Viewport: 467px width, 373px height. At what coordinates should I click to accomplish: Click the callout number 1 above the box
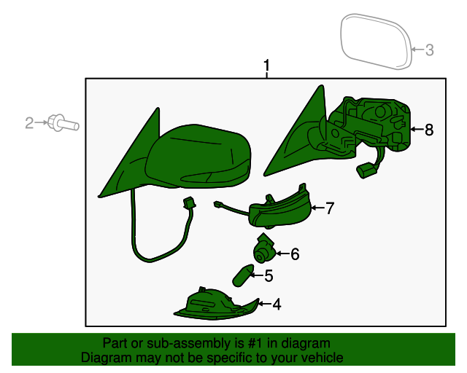[x=266, y=65]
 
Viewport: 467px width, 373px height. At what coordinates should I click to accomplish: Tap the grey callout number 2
[x=29, y=123]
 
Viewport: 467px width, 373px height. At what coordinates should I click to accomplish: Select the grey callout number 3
[x=430, y=50]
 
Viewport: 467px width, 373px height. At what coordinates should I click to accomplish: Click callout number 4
[x=277, y=305]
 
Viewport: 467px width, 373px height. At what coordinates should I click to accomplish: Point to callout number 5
[x=269, y=275]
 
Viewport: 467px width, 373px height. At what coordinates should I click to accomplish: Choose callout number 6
[x=295, y=254]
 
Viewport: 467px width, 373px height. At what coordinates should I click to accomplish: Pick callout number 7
[x=330, y=208]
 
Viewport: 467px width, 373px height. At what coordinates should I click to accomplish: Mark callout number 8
[x=429, y=130]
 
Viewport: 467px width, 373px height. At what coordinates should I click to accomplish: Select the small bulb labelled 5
[x=243, y=275]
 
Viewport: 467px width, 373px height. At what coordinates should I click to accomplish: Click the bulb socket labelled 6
[x=264, y=249]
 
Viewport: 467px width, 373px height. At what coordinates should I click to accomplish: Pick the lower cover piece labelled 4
[x=217, y=305]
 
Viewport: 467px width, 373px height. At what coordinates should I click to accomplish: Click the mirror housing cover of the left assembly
[x=198, y=156]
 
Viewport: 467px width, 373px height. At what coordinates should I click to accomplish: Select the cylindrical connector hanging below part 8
[x=366, y=170]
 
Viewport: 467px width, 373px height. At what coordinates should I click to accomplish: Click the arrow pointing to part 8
[x=417, y=129]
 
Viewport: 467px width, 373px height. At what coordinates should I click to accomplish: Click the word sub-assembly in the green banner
[x=188, y=343]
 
